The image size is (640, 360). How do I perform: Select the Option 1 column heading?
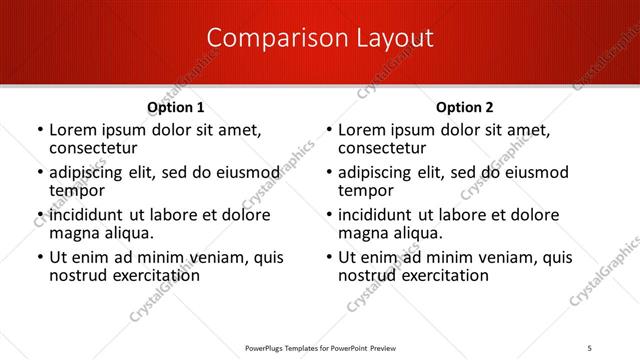176,107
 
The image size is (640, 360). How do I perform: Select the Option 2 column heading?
465,107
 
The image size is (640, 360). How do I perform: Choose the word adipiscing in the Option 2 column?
378,172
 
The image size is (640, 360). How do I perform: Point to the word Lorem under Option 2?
361,130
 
